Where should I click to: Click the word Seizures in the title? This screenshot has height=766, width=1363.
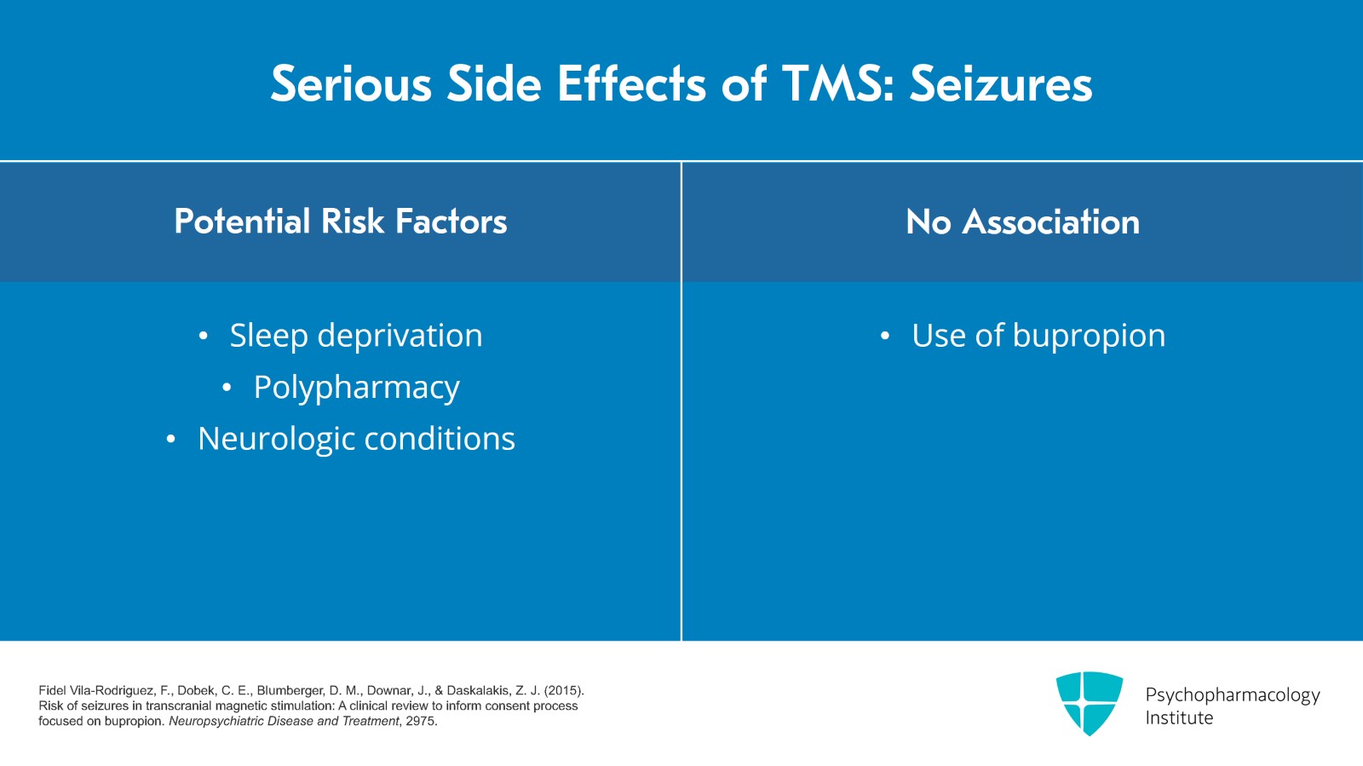point(1001,84)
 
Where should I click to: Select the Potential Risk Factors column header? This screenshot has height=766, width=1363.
point(341,222)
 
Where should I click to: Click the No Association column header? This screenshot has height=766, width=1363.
point(1022,222)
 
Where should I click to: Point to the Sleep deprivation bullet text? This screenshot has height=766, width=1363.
point(356,336)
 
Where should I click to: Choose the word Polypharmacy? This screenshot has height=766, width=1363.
point(356,388)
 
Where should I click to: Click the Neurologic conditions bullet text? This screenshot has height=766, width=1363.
point(356,439)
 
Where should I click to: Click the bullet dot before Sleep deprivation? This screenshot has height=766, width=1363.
point(203,337)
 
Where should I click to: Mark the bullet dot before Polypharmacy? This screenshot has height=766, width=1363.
point(227,389)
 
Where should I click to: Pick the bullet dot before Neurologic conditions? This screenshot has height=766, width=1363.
point(171,440)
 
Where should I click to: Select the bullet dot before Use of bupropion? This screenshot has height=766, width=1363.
point(885,337)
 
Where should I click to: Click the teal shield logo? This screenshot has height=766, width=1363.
point(1089,703)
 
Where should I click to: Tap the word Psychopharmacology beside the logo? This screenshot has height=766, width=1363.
point(1232,694)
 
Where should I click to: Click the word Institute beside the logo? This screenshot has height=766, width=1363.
point(1179,717)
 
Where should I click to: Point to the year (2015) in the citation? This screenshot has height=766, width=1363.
point(564,690)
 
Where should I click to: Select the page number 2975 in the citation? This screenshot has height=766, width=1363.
point(421,721)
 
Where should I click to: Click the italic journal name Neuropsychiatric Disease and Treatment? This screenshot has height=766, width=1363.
point(284,721)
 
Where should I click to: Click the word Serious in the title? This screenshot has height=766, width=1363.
point(351,84)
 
